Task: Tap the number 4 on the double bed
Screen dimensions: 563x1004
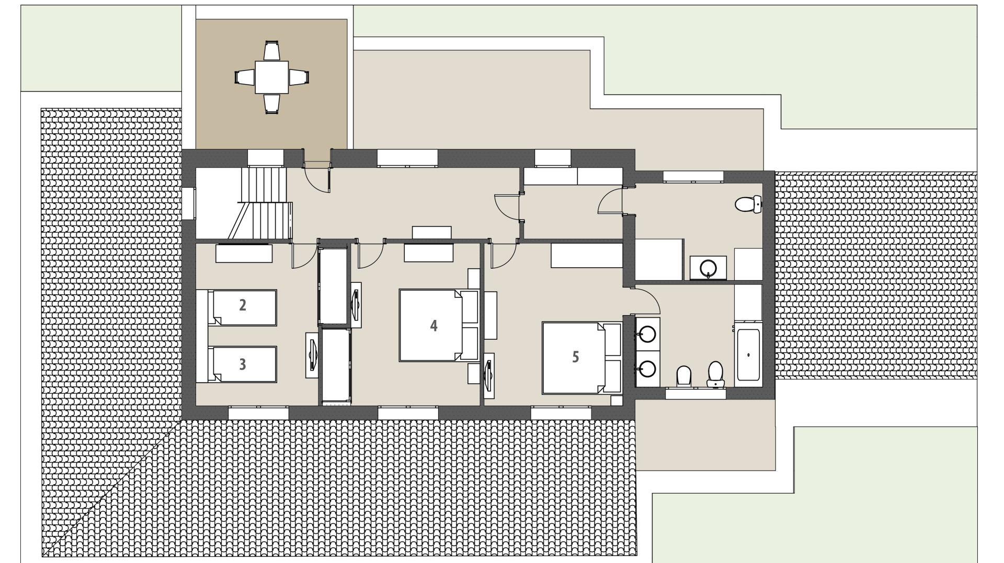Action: (433, 326)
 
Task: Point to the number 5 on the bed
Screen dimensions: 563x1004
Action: (575, 357)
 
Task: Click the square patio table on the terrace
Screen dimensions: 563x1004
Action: (271, 77)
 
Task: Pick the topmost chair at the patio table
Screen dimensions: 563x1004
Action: (271, 51)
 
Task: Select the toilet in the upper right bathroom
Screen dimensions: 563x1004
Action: (748, 204)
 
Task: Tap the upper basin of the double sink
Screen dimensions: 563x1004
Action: (647, 334)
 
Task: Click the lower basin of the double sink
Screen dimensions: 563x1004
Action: (647, 369)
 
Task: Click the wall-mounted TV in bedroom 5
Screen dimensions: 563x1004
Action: (489, 372)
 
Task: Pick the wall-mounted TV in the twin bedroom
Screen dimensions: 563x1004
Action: (312, 355)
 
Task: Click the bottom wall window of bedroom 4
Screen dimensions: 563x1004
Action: (408, 413)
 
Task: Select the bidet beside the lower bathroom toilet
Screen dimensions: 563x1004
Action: (683, 375)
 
